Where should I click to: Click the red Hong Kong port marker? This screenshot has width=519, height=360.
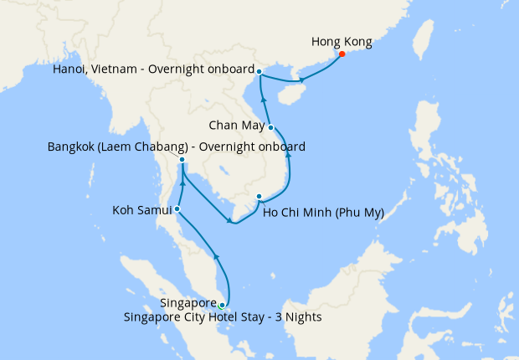(342, 54)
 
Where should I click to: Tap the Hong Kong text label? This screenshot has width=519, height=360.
(342, 40)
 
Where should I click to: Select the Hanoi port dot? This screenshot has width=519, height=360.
(259, 71)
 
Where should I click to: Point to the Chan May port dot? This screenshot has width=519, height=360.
(271, 127)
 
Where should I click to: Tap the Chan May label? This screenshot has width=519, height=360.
(236, 126)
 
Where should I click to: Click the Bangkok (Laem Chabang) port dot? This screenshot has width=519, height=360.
(182, 159)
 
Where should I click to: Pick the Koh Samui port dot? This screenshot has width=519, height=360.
(177, 208)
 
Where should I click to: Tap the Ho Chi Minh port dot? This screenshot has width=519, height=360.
(259, 197)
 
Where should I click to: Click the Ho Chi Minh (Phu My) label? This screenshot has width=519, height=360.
(323, 213)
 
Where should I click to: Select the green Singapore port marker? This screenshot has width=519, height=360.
(222, 306)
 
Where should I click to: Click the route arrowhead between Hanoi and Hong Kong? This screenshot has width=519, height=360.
(302, 80)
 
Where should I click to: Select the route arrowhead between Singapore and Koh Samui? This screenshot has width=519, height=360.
(216, 256)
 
